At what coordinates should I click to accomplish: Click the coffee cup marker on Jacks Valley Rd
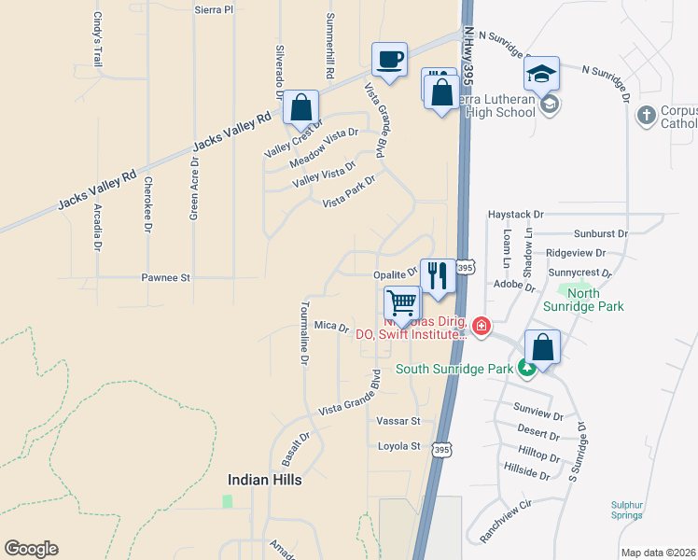(x=389, y=61)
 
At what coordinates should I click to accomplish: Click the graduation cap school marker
(x=541, y=73)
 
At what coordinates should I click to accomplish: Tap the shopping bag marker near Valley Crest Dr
(x=301, y=108)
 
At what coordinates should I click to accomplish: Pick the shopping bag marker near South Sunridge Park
(x=542, y=347)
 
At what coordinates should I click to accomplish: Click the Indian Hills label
(x=265, y=479)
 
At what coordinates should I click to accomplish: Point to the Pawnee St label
(x=165, y=277)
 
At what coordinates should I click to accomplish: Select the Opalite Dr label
(x=395, y=274)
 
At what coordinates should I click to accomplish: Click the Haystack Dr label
(x=514, y=214)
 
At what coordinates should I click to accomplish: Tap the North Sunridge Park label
(x=583, y=299)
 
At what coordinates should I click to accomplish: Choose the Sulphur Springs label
(x=626, y=509)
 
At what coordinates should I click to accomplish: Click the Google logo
(x=31, y=549)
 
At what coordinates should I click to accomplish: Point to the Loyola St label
(x=399, y=446)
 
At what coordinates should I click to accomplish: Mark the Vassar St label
(x=398, y=422)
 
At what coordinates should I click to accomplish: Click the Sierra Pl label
(x=214, y=9)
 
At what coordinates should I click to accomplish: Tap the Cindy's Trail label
(x=96, y=38)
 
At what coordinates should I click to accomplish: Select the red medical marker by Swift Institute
(x=481, y=326)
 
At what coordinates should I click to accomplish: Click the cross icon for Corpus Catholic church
(x=645, y=115)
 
